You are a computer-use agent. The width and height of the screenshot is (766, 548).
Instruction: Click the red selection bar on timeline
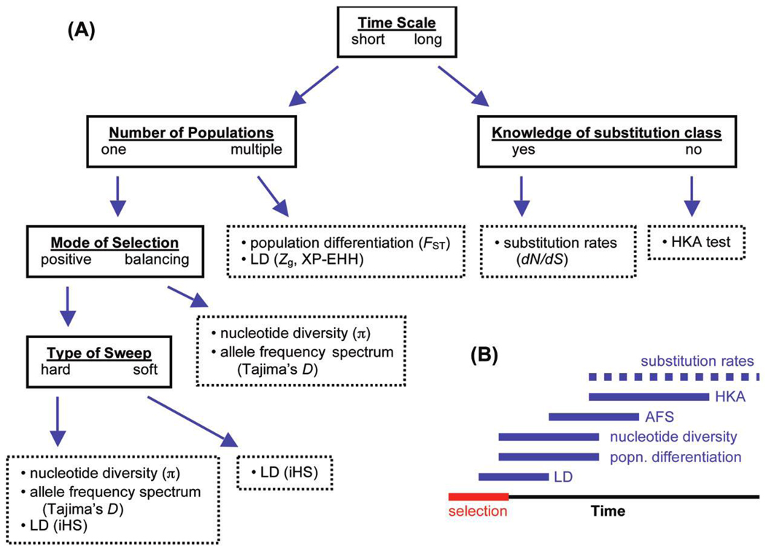tap(478, 496)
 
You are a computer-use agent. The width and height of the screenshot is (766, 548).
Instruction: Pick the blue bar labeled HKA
tap(648, 396)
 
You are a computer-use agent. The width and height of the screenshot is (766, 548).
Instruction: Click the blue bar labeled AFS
tap(593, 417)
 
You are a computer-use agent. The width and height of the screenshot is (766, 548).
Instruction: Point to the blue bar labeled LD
tap(513, 477)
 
